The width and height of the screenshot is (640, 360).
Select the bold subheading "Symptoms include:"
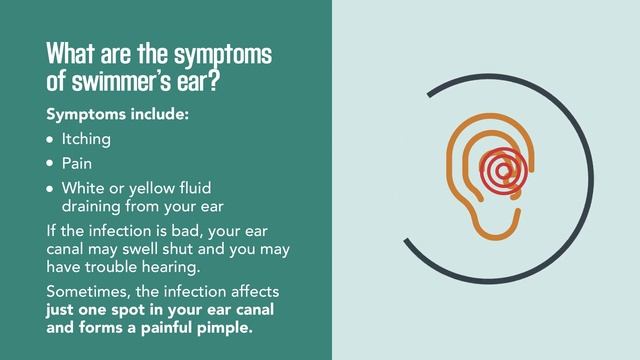click(117, 114)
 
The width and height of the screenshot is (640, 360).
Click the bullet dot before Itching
click(51, 140)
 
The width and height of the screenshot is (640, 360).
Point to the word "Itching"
click(86, 140)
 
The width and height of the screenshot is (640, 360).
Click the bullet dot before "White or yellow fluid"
click(51, 188)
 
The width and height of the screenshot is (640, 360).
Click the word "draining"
click(94, 207)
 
